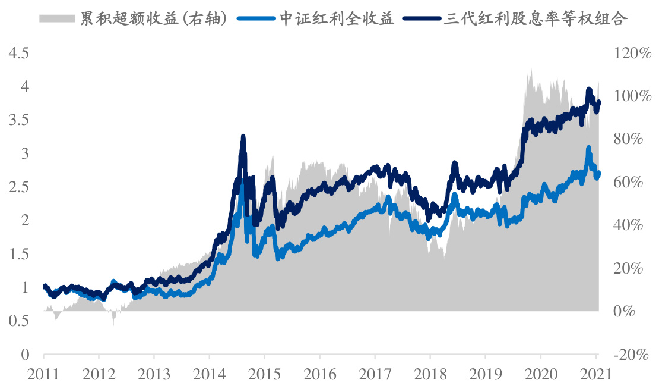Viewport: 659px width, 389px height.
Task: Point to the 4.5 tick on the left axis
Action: [x=18, y=54]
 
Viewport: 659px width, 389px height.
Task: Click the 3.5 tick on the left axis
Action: [x=18, y=121]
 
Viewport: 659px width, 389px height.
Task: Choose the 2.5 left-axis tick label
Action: [x=18, y=187]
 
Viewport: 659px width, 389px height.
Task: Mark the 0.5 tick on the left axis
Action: [x=18, y=321]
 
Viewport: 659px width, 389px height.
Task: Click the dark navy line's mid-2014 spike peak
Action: [x=243, y=137]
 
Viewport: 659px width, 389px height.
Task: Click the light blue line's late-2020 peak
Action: [x=588, y=148]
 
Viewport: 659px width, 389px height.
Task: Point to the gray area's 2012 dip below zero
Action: [x=113, y=324]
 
